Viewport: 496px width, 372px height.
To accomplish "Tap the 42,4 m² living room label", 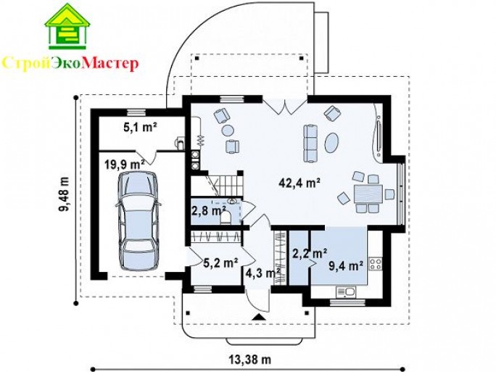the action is point(300,183).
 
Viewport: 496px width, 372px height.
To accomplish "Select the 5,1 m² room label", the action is point(140,128).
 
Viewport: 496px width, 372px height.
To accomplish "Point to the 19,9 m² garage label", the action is point(125,165).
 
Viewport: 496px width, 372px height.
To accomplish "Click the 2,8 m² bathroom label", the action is point(209,210).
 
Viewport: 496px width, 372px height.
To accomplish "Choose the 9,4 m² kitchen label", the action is point(346,266).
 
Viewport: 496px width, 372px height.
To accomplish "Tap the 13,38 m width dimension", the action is point(249,360).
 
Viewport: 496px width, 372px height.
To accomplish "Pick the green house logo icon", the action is point(67,26).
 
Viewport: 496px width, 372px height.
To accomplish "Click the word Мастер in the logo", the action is point(110,63).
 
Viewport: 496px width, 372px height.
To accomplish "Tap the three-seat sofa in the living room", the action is point(310,144).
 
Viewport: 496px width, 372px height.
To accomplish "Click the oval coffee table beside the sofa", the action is point(332,143).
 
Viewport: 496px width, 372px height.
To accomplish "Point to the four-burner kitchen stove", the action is point(376,264).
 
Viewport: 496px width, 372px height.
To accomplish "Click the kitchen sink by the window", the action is point(346,292).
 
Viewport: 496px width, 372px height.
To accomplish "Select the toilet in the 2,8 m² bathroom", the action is point(226,218).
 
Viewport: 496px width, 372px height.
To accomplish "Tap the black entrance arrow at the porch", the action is point(259,317).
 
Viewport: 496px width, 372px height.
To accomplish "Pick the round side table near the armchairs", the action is point(228,130).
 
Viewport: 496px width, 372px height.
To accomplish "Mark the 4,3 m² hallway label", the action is point(263,272).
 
